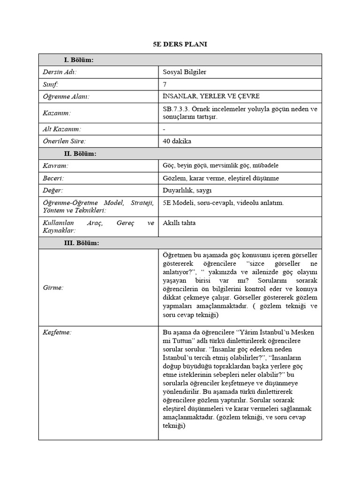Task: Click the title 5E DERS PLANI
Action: click(180, 44)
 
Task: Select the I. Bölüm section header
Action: click(78, 60)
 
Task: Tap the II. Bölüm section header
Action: click(80, 154)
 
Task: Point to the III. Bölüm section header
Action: click(81, 243)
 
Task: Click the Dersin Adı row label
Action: click(60, 72)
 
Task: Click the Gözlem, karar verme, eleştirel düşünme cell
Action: click(220, 178)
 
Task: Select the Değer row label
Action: click(53, 190)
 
